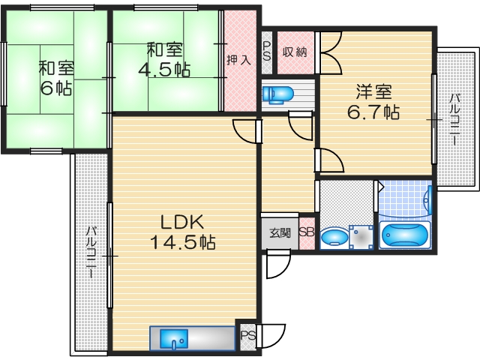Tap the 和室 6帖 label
click(55, 76)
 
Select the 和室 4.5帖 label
click(164, 60)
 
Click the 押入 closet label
click(239, 59)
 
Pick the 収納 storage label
click(294, 52)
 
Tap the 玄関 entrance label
click(279, 232)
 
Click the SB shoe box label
click(306, 232)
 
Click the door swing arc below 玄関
click(278, 262)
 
